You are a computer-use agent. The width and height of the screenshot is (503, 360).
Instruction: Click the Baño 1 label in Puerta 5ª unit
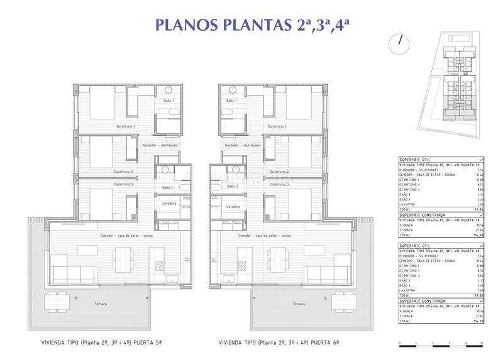(x=169, y=101)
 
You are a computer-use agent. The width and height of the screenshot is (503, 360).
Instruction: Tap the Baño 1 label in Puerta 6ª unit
(x=231, y=101)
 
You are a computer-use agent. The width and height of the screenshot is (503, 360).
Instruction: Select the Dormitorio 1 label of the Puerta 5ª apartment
(x=126, y=126)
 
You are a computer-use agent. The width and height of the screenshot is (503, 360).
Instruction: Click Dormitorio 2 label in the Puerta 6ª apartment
(x=279, y=172)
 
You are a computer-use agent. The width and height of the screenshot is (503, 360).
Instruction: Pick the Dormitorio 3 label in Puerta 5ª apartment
(x=123, y=185)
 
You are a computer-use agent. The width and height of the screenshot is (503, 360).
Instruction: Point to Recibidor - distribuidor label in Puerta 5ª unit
(x=162, y=145)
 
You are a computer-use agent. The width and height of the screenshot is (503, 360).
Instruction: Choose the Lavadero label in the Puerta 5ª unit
(x=169, y=204)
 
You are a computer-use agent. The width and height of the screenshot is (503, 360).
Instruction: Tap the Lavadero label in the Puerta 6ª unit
(x=233, y=207)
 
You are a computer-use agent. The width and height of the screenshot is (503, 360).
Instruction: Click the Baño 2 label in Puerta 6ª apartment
(x=231, y=187)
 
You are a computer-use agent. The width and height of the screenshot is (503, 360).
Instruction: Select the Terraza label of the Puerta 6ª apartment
(x=299, y=303)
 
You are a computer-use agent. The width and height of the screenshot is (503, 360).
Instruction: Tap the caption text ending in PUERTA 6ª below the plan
(x=275, y=344)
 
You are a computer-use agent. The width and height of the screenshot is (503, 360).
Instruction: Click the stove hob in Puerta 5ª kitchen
(x=168, y=280)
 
